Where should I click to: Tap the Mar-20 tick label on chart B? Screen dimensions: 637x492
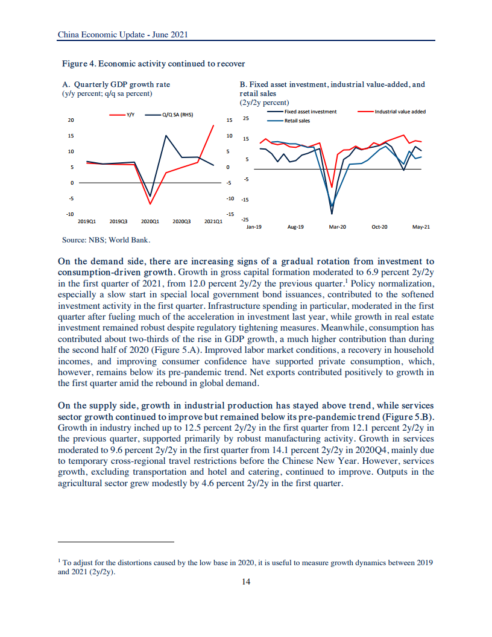(x=338, y=227)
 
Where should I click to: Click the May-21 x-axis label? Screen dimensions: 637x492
(x=421, y=227)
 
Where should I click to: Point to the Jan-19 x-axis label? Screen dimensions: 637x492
(x=254, y=227)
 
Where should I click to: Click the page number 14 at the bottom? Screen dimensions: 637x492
(x=246, y=582)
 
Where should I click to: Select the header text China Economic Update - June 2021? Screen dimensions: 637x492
(x=123, y=35)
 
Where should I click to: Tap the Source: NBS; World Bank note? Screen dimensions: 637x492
(x=106, y=239)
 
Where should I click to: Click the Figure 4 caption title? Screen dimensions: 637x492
(x=153, y=63)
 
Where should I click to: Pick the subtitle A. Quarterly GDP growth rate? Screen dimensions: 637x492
(x=116, y=84)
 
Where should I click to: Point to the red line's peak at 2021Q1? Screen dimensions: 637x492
(x=213, y=125)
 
